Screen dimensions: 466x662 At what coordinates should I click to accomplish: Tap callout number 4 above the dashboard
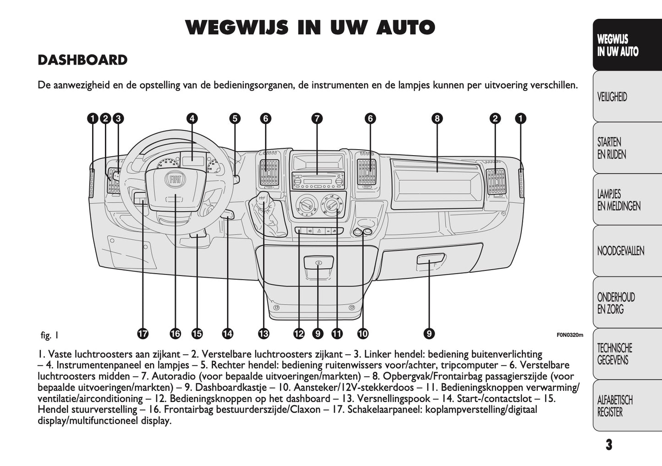[x=192, y=119]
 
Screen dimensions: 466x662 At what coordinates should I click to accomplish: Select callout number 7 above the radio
[x=317, y=119]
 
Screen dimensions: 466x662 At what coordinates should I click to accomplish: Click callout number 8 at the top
[x=437, y=119]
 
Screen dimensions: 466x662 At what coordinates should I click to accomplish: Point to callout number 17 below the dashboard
[x=143, y=334]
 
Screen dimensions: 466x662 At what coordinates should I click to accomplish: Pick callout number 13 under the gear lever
[x=263, y=334]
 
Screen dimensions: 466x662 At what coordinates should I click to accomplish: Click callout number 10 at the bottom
[x=362, y=334]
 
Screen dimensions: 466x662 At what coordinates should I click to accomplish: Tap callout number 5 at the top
[x=235, y=119]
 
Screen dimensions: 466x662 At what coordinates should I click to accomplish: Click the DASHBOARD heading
[x=82, y=60]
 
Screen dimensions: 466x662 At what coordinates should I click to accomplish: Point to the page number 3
[x=608, y=445]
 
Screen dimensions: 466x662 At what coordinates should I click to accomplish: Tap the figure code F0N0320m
[x=570, y=335]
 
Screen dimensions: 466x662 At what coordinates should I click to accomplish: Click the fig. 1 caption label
[x=49, y=335]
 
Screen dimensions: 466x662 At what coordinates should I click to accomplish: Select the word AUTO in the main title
[x=405, y=28]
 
